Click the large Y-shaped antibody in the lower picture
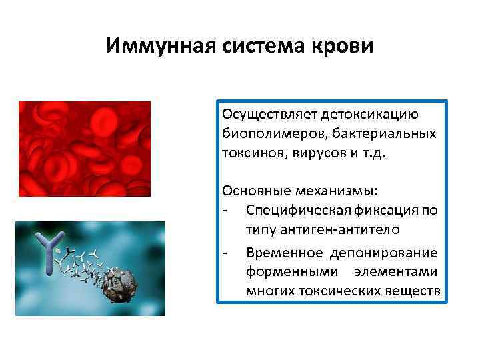50,254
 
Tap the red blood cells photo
85,149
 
